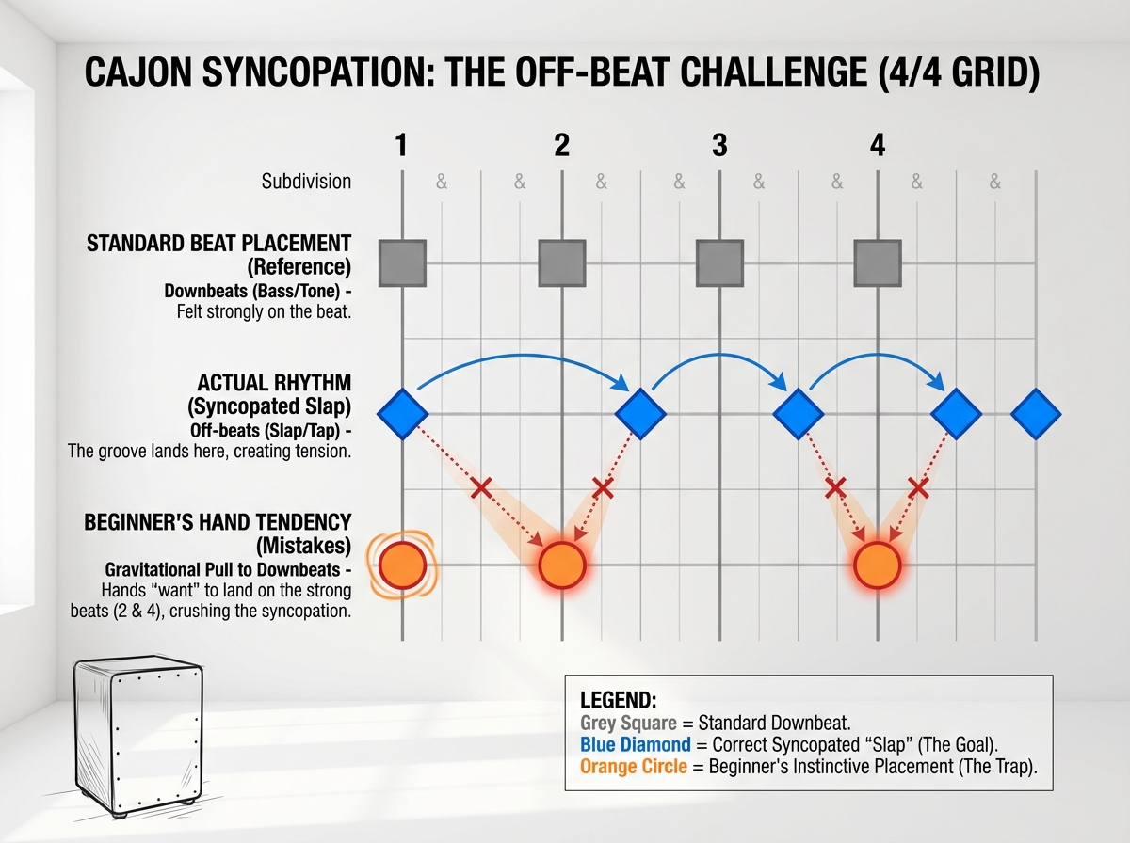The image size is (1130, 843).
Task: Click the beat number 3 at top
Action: pos(719,146)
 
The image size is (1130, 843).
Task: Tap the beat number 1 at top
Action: pos(402,146)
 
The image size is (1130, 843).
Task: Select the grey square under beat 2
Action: pos(562,262)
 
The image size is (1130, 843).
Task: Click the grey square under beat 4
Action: pos(878,262)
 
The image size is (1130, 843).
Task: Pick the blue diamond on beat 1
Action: pos(402,414)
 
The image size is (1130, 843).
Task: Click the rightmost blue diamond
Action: pos(1036,414)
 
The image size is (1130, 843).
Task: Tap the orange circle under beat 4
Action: pos(878,565)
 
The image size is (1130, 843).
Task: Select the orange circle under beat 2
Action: pos(562,565)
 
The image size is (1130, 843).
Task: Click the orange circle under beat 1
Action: pos(402,565)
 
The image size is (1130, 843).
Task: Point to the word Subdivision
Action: pos(306,182)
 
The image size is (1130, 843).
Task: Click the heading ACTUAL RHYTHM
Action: pos(274,384)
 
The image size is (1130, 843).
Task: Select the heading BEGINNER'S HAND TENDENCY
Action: pos(218,522)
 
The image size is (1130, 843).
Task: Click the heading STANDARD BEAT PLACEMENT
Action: pos(218,244)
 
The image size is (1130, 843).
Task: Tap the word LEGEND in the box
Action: pos(618,701)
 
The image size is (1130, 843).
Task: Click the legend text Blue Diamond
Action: pos(633,745)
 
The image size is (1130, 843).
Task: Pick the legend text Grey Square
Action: pos(629,724)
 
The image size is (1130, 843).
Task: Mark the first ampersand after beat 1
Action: pos(442,183)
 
